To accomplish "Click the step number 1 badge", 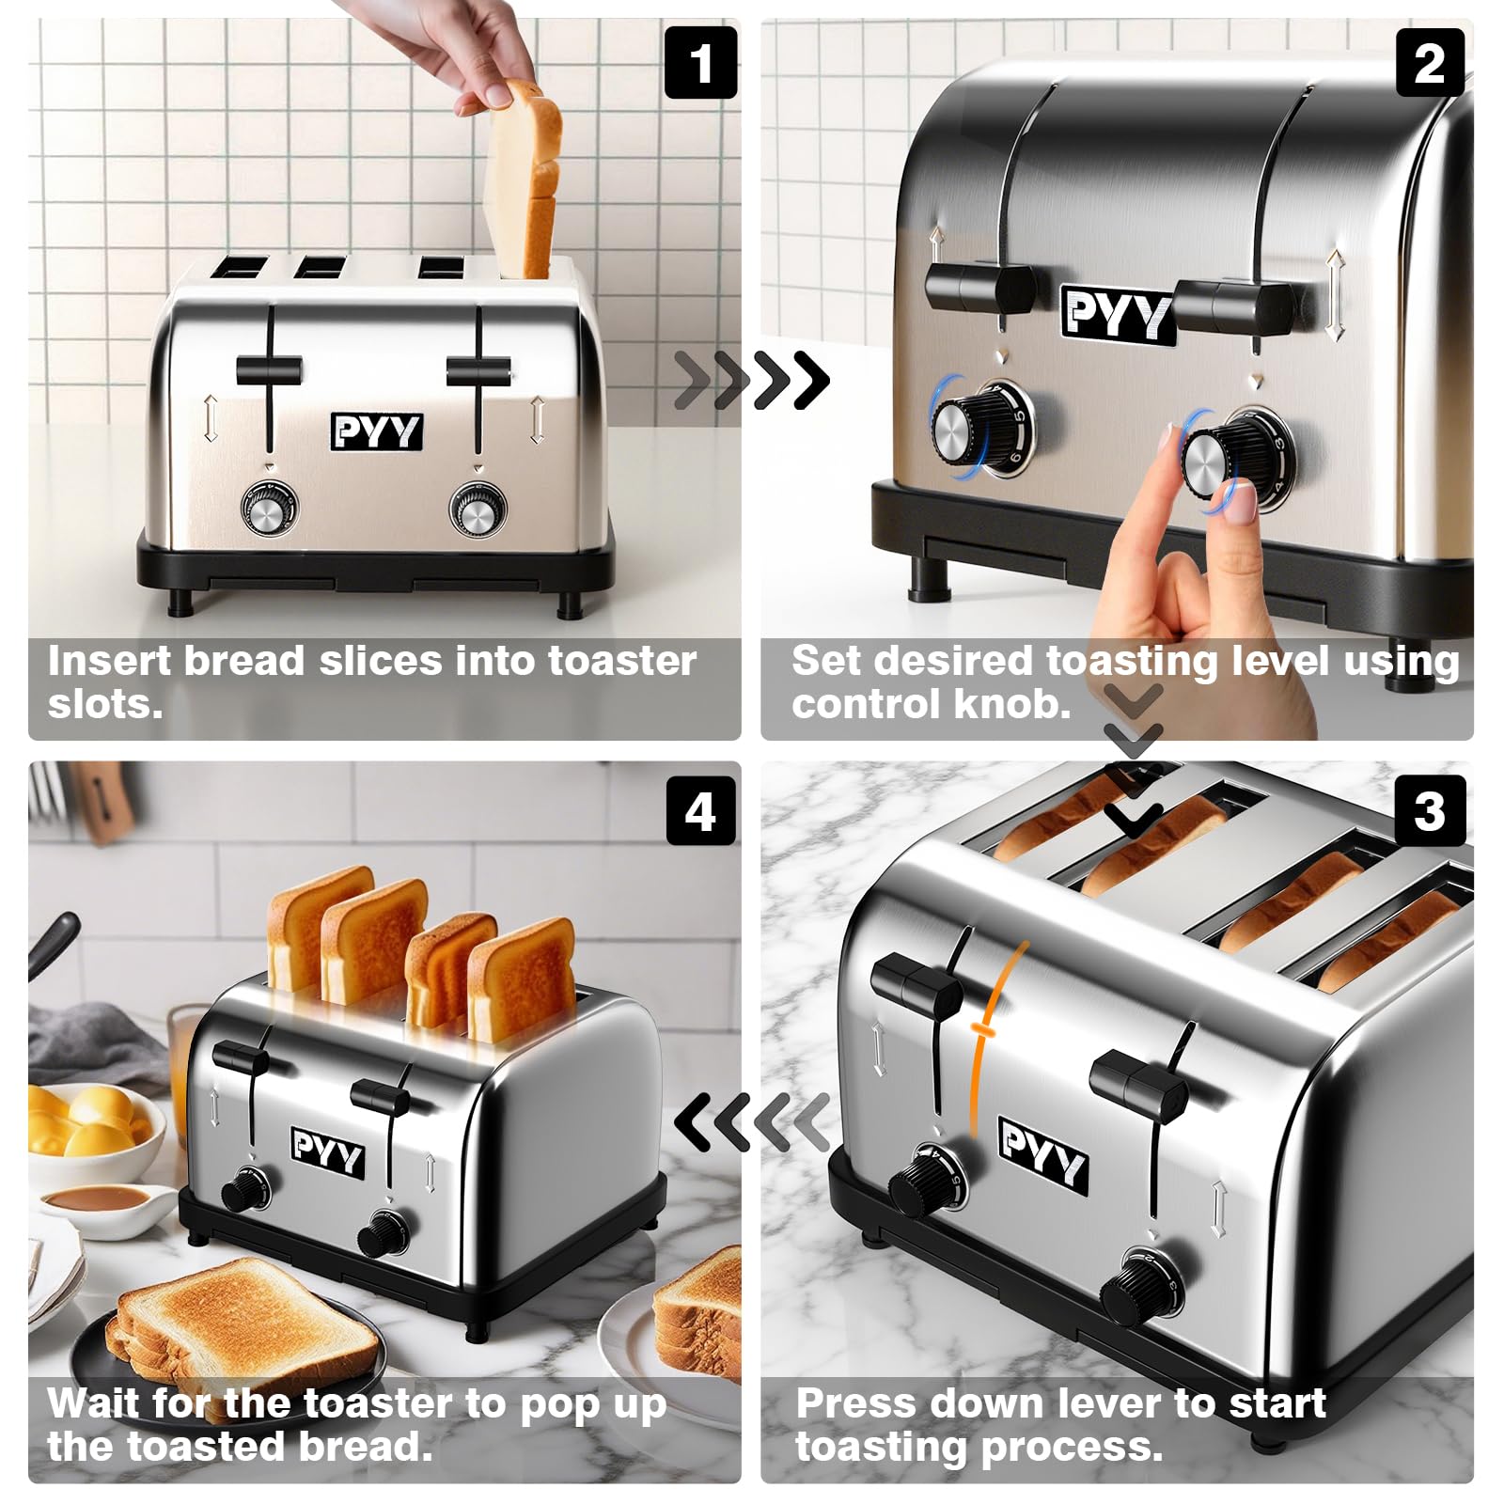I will coord(700,63).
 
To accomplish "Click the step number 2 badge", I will coord(1430,63).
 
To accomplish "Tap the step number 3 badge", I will coord(1430,810).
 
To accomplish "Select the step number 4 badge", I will coord(700,810).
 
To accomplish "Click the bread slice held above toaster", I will coord(524,179).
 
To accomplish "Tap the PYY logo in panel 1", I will coord(376,431).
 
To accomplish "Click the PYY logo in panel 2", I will coord(1116,313).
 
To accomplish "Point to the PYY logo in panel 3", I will coord(1042,1155).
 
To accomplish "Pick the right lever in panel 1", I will coord(478,371).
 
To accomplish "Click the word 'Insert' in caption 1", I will coord(107,661).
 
